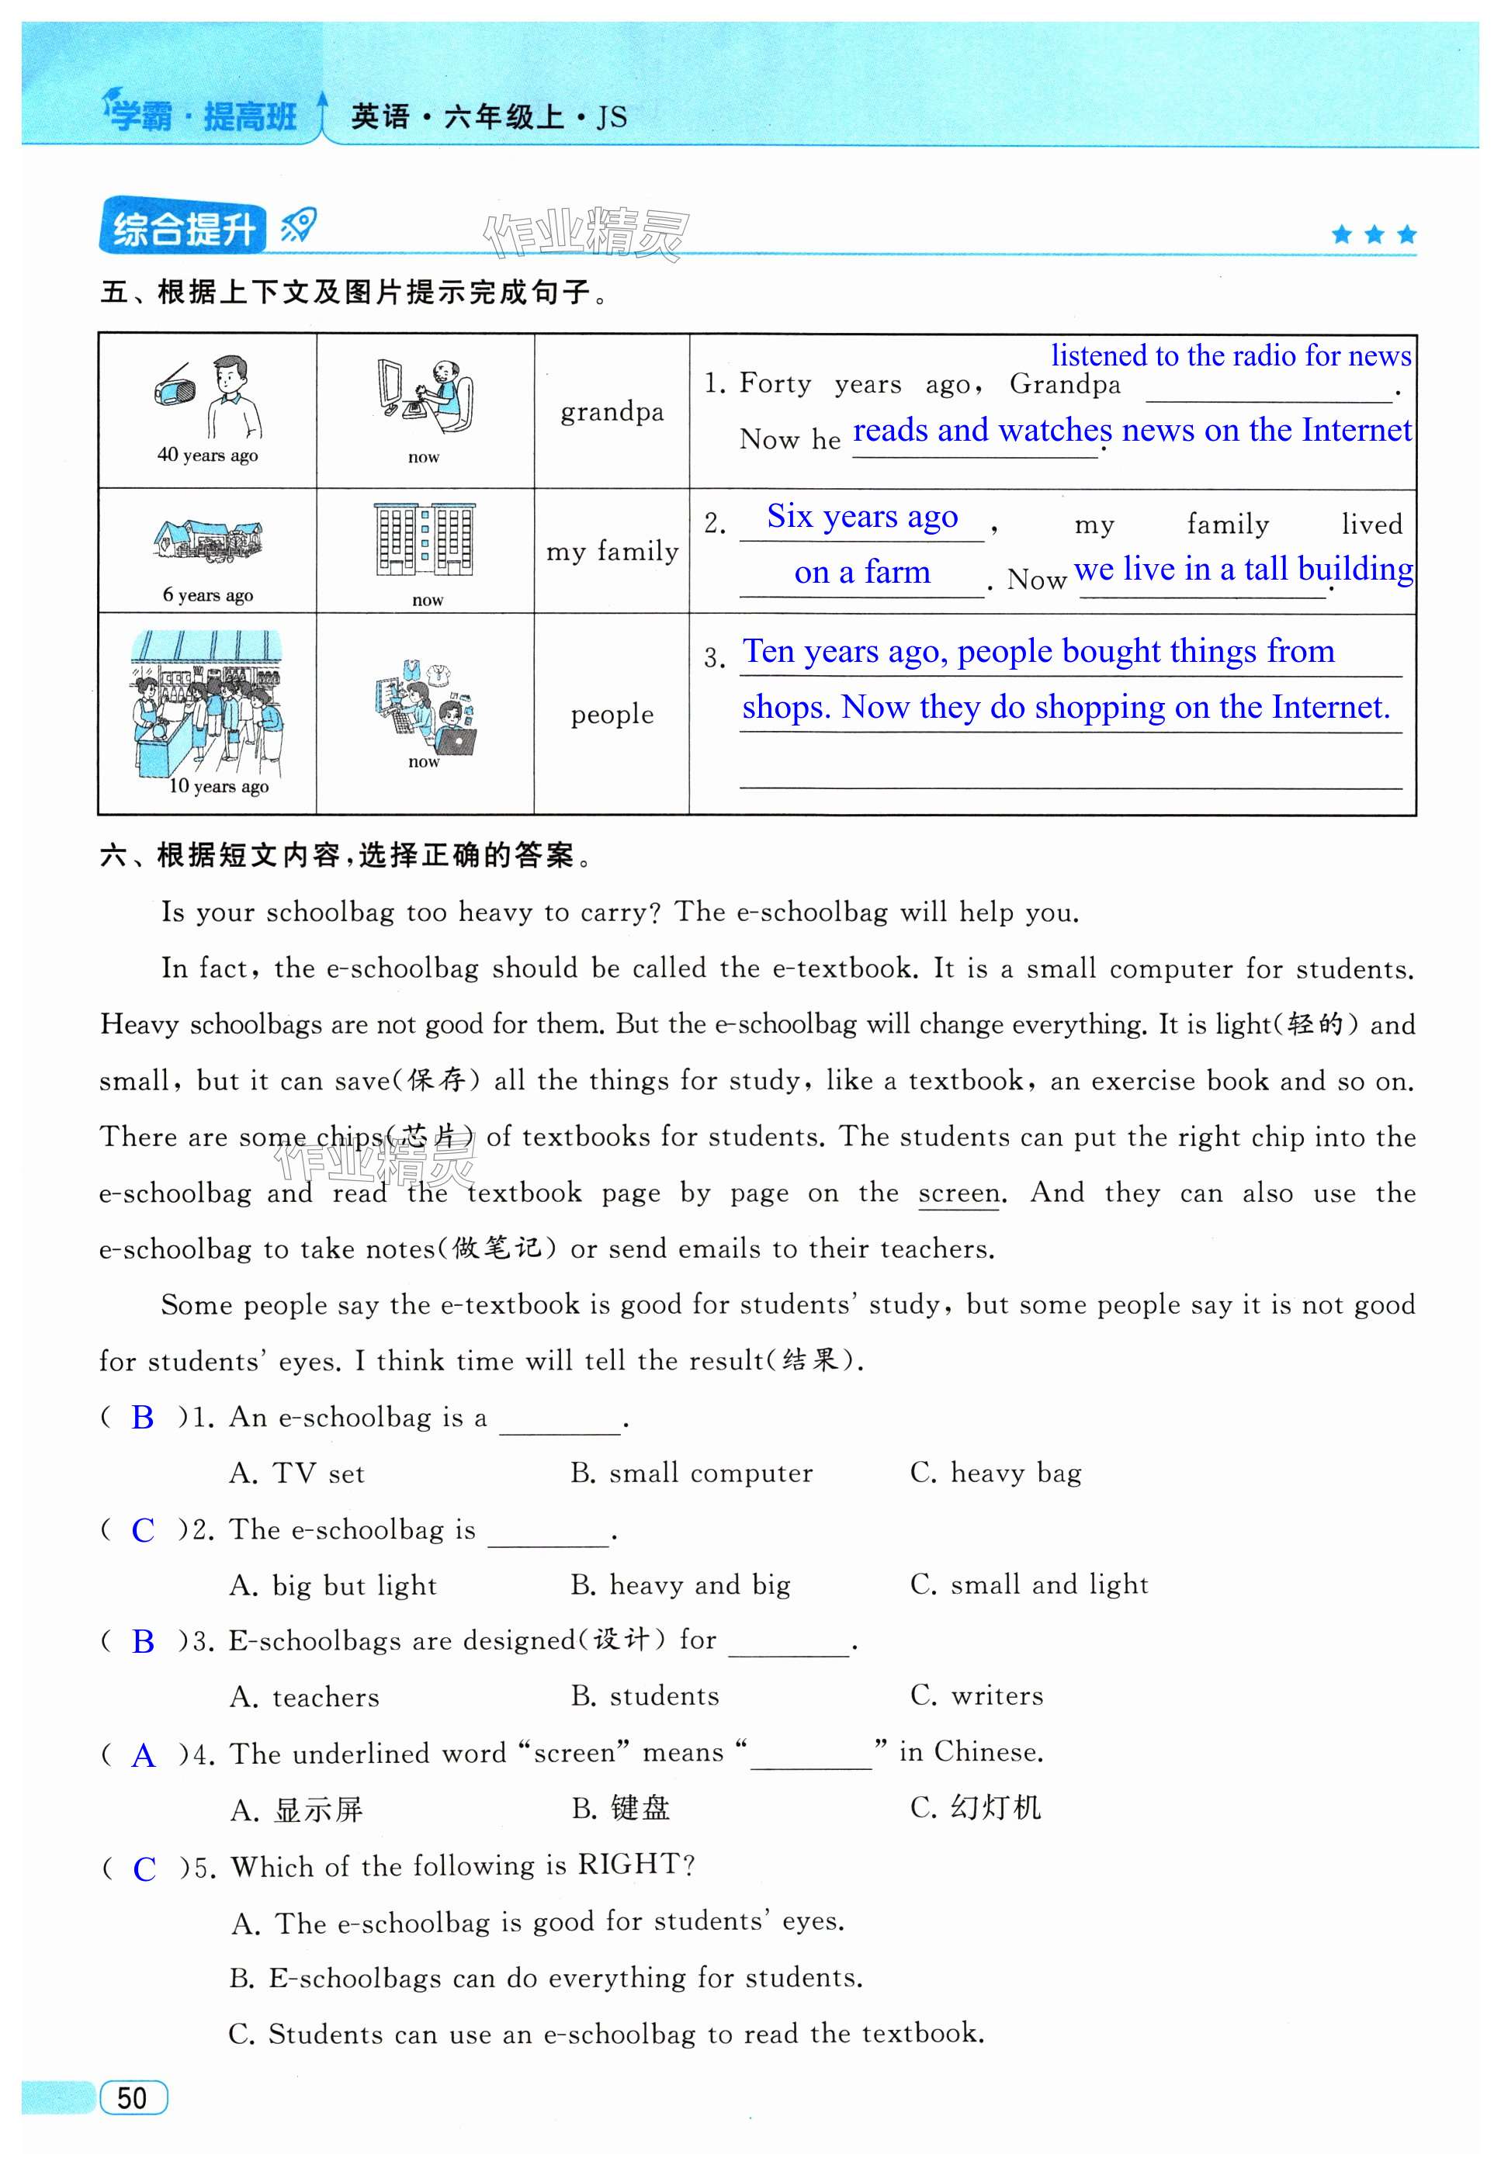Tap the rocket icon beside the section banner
(x=298, y=226)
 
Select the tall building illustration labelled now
(x=425, y=540)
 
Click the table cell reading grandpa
(x=612, y=412)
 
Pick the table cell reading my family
(x=612, y=551)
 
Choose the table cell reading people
(x=612, y=715)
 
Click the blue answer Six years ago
(x=861, y=516)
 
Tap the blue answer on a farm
(x=861, y=572)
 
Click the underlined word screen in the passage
(x=958, y=1193)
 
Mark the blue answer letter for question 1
(x=143, y=1417)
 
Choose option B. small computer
(x=692, y=1473)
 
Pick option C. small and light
(x=1029, y=1584)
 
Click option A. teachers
(x=305, y=1697)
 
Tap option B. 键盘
(x=621, y=1808)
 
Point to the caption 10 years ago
(x=218, y=786)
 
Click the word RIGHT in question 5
(x=628, y=1865)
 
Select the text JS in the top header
(x=612, y=117)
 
